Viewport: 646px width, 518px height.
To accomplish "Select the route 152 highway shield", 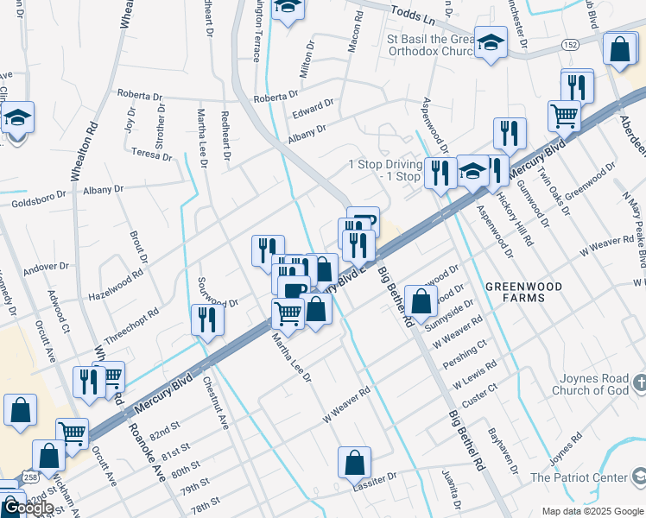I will tap(571, 43).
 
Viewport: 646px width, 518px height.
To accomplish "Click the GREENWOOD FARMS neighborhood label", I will tap(523, 292).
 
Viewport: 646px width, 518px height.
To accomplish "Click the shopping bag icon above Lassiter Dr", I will tap(354, 463).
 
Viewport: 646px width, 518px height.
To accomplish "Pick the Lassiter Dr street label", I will tap(373, 477).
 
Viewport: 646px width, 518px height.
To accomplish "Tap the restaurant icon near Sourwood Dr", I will tap(207, 319).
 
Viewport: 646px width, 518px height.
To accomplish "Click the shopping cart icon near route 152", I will tap(564, 115).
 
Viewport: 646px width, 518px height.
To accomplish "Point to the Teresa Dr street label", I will tap(152, 154).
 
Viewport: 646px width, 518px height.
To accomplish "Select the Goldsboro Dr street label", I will tap(35, 203).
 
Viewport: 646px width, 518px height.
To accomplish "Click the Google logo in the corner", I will tap(28, 508).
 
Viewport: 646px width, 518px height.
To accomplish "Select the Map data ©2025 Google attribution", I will tap(592, 511).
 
